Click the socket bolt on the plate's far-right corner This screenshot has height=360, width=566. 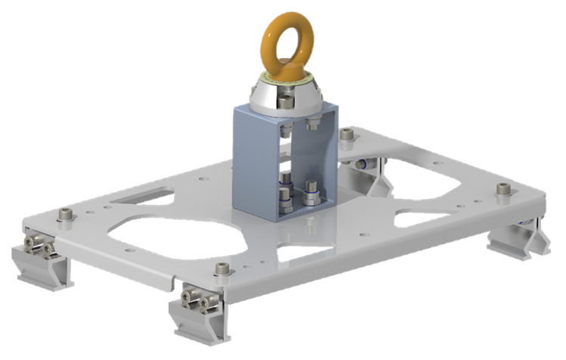coord(500,190)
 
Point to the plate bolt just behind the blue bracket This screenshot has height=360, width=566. coord(347,136)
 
